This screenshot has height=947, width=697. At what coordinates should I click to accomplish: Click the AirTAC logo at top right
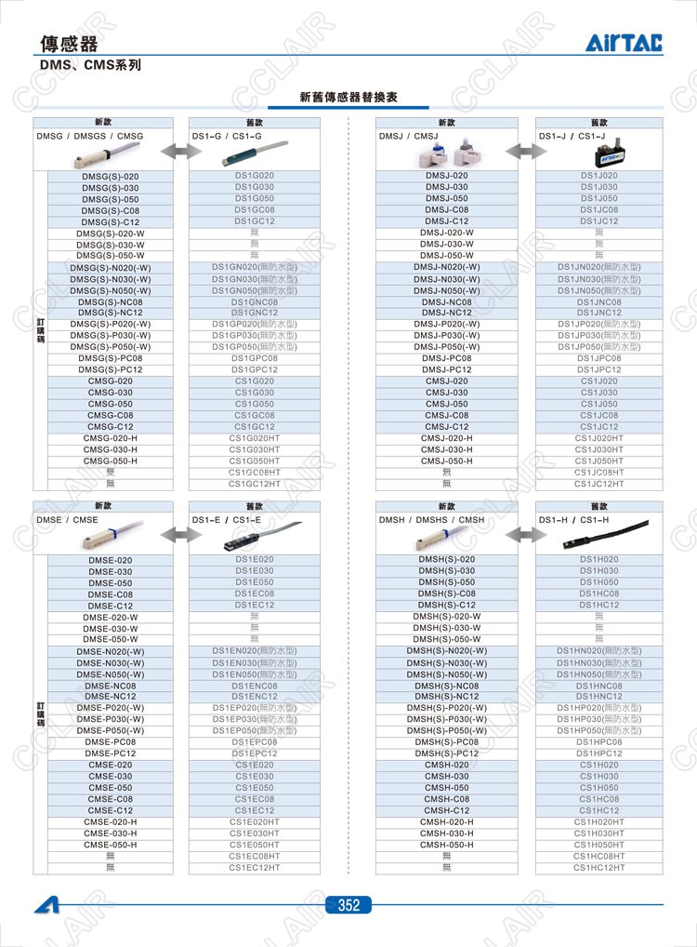click(x=624, y=42)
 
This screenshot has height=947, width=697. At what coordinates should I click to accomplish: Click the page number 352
click(x=348, y=905)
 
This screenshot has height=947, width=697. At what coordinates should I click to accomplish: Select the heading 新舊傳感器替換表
click(x=348, y=97)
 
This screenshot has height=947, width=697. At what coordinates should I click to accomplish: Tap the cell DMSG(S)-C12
click(x=110, y=221)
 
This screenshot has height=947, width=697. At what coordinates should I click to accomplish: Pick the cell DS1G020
click(x=255, y=176)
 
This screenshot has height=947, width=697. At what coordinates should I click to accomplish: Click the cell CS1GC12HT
click(x=255, y=484)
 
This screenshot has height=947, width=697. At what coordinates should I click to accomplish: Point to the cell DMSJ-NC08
click(x=446, y=301)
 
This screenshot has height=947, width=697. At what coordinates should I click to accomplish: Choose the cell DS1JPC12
click(x=599, y=369)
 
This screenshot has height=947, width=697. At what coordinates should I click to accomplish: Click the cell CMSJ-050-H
click(x=446, y=460)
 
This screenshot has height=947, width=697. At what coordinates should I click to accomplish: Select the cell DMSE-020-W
click(x=110, y=617)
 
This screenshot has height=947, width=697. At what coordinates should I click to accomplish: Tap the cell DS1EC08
click(x=255, y=594)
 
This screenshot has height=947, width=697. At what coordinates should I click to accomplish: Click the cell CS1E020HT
click(x=255, y=821)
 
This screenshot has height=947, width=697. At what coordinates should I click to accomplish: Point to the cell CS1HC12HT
click(x=599, y=867)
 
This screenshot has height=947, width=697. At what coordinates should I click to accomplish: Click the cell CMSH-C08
click(x=446, y=799)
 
